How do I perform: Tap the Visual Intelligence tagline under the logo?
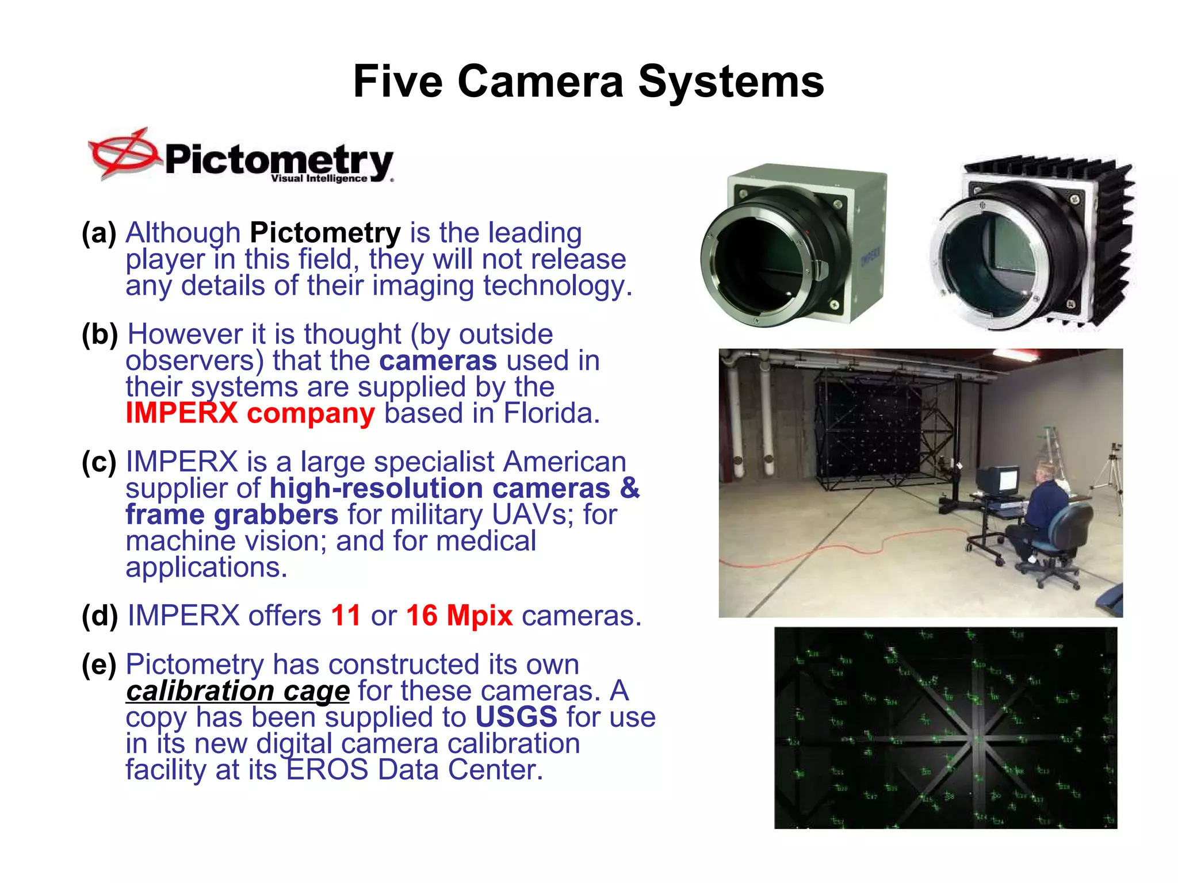[319, 179]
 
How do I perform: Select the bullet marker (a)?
[99, 233]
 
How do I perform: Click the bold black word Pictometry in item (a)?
[325, 233]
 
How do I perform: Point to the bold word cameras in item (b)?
[438, 361]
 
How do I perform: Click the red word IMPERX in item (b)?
[182, 413]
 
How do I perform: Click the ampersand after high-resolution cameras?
[630, 488]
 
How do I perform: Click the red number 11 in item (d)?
[346, 616]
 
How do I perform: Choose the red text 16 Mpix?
[459, 616]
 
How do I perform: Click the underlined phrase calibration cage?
[238, 691]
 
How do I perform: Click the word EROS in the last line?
[327, 770]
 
